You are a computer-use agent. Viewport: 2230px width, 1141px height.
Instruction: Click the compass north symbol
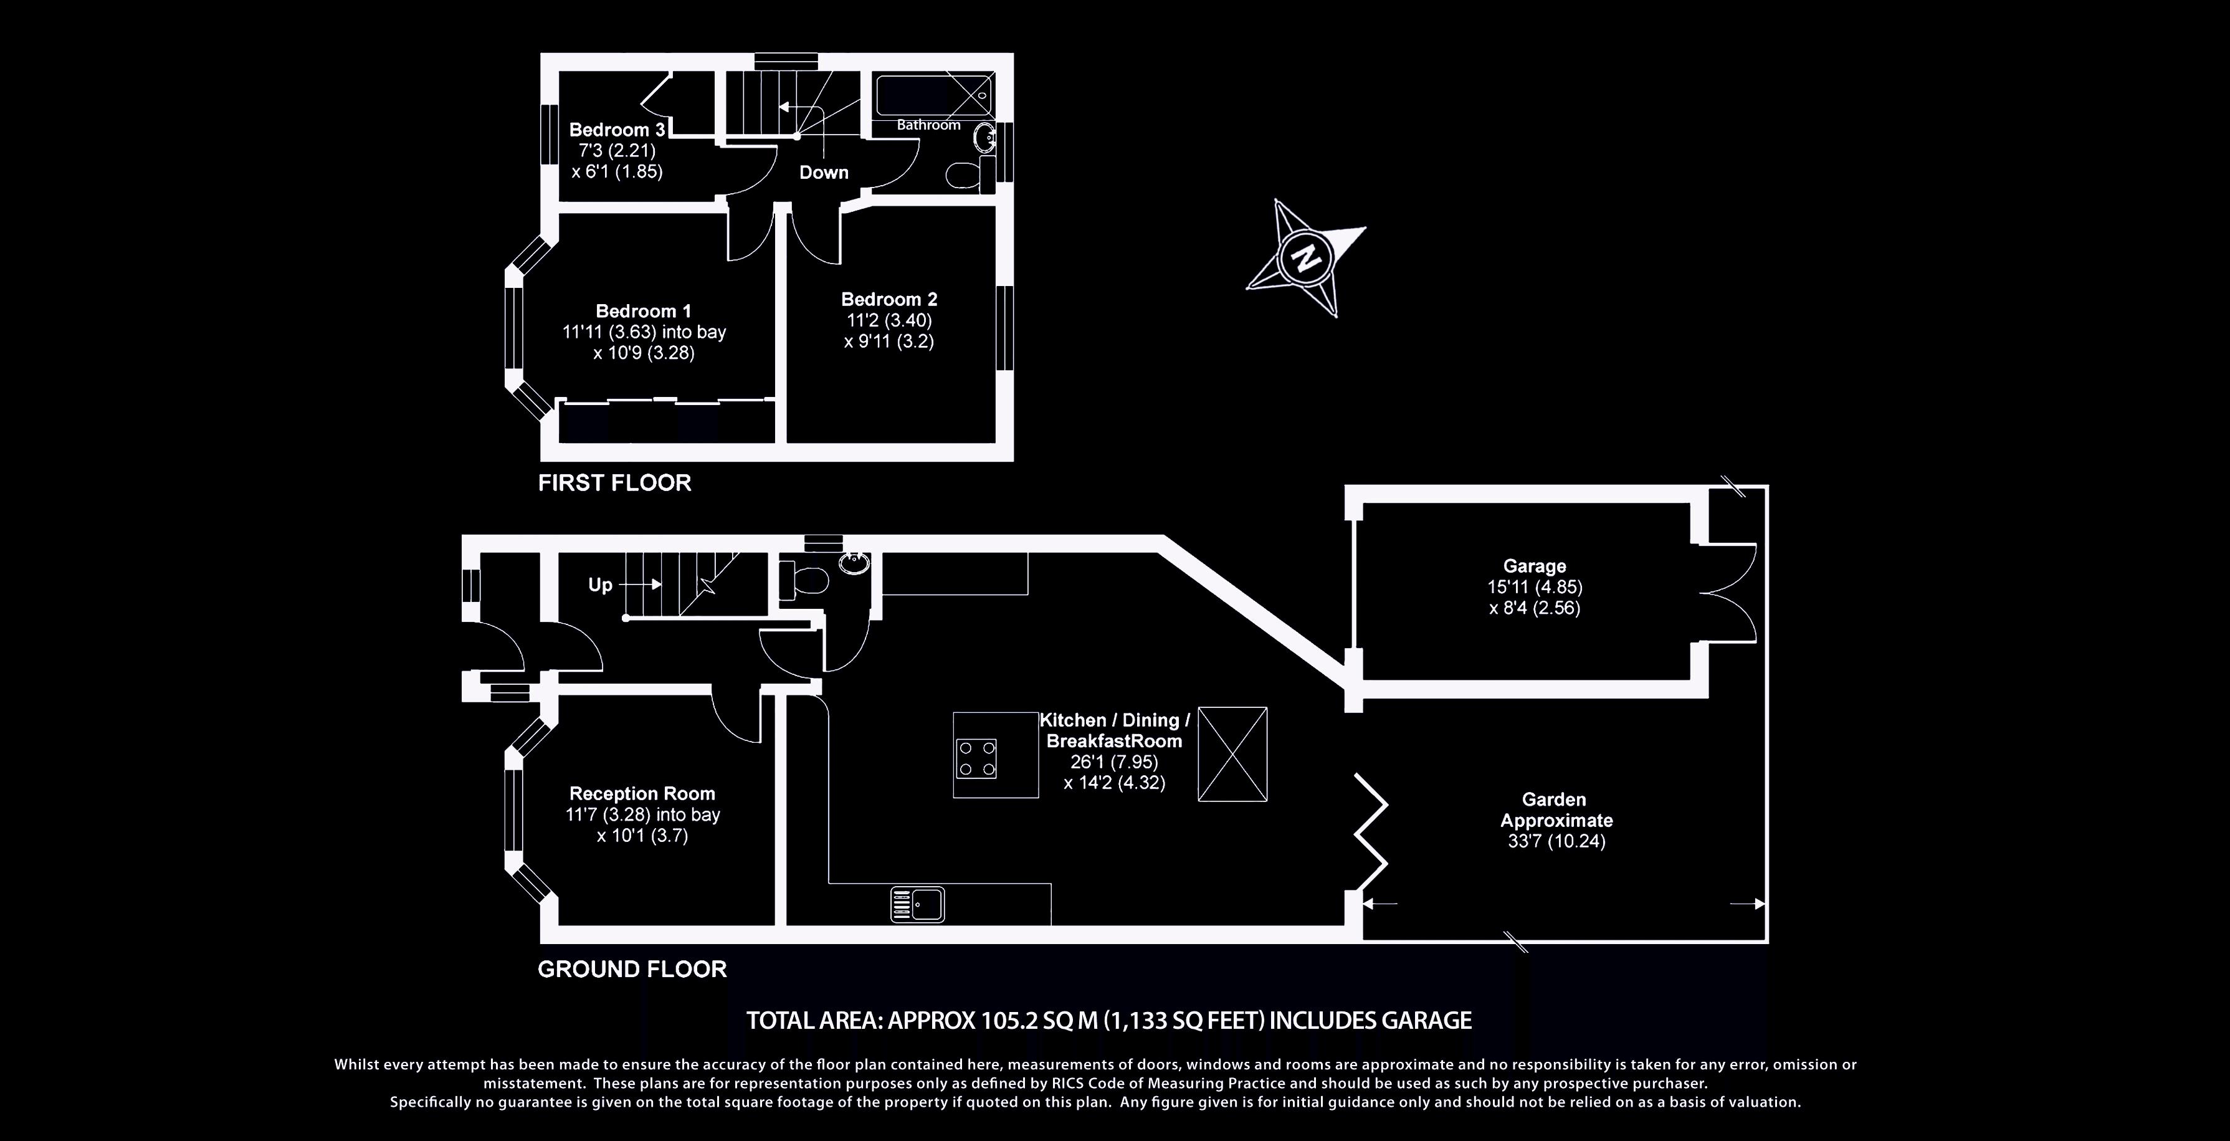point(1305,258)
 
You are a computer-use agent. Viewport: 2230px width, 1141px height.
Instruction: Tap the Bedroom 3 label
point(616,130)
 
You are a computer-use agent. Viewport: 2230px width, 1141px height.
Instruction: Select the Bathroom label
point(928,125)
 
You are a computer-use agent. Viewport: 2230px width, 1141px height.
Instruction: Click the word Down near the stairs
point(823,172)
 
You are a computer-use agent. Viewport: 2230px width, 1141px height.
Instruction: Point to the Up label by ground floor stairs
point(600,585)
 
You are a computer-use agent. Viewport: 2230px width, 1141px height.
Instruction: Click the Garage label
point(1534,566)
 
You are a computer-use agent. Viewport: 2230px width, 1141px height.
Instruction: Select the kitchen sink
point(917,905)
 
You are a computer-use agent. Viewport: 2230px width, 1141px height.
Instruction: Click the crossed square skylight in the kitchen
point(1232,753)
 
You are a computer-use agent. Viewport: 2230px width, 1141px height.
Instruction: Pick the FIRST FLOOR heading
point(614,483)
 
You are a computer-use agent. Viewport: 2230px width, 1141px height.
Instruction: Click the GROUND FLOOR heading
point(632,969)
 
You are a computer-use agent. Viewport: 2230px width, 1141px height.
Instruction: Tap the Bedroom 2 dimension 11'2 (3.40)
point(889,320)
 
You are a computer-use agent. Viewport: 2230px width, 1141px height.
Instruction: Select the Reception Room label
point(642,794)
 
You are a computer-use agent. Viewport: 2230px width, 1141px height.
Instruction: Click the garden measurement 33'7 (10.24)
point(1556,841)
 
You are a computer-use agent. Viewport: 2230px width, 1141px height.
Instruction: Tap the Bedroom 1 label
point(643,311)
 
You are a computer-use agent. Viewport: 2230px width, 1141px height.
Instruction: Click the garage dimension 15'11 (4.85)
point(1534,587)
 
